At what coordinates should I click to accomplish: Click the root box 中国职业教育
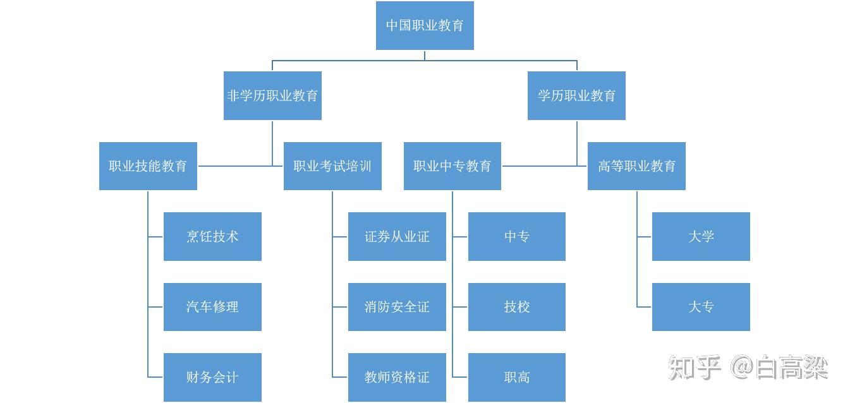pos(425,26)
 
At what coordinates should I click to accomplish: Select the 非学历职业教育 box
pos(272,96)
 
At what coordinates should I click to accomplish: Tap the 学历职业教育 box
pos(576,96)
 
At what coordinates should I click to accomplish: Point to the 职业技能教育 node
pos(148,166)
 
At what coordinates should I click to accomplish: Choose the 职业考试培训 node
pos(332,166)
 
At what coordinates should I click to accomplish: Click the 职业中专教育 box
pos(452,166)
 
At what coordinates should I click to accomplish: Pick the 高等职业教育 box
pos(636,166)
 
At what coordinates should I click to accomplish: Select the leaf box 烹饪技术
pos(212,237)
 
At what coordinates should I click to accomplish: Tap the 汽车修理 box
pos(212,307)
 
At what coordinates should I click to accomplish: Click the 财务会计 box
pos(212,377)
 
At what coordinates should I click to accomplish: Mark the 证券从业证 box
pos(397,237)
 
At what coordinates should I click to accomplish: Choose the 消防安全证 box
pos(397,307)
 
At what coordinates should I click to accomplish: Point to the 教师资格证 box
pos(397,377)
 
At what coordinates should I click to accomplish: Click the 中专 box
pos(517,237)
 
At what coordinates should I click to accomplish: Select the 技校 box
pos(517,307)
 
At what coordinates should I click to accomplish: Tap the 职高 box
pos(517,377)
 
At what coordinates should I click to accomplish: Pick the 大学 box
pos(701,237)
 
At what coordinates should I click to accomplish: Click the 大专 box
pos(701,307)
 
